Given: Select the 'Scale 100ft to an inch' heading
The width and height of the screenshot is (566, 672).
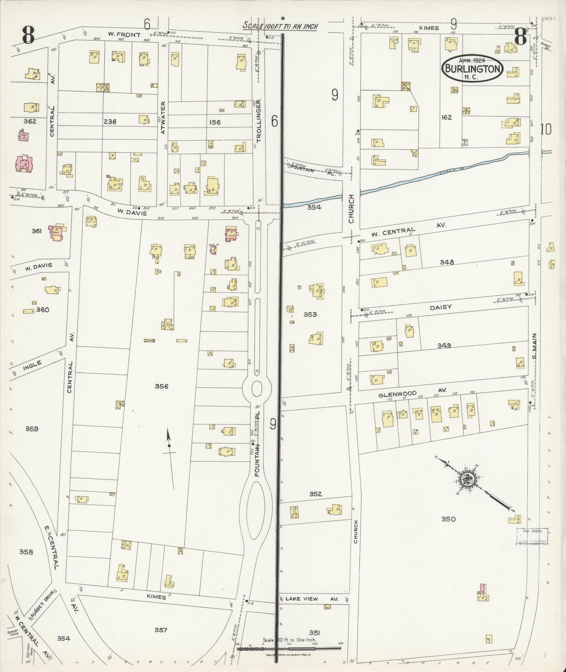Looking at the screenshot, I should (280, 26).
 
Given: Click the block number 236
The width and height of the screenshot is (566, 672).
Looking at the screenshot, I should (110, 122).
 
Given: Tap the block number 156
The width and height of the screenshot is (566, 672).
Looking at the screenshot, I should (215, 122).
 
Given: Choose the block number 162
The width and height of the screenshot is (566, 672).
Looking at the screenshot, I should (446, 117).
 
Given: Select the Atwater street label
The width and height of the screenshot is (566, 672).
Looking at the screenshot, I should (163, 118).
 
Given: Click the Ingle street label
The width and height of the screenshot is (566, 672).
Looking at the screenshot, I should (32, 366).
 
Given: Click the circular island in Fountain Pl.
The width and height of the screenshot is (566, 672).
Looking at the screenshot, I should (257, 389).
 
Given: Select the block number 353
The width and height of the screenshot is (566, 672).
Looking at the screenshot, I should (310, 314).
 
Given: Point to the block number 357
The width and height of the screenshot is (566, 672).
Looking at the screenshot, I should (161, 630).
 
